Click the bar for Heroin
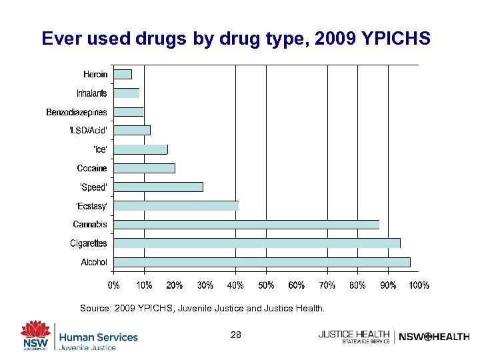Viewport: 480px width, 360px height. pyautogui.click(x=123, y=74)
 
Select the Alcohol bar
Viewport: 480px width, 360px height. pyautogui.click(x=262, y=262)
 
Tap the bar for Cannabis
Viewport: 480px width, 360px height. pyautogui.click(x=246, y=225)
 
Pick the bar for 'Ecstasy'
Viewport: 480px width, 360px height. pyautogui.click(x=176, y=205)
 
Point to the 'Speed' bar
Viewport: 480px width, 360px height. pyautogui.click(x=158, y=187)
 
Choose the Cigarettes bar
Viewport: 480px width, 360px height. pyautogui.click(x=257, y=243)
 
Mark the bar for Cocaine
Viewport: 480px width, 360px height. pyautogui.click(x=144, y=168)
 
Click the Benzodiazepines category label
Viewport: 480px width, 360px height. pyautogui.click(x=76, y=112)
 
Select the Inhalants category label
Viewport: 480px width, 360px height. pyautogui.click(x=91, y=93)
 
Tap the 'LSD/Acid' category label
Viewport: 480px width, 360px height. pyautogui.click(x=88, y=131)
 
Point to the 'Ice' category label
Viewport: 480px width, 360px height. pyautogui.click(x=99, y=149)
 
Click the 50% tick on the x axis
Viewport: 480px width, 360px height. pyautogui.click(x=266, y=285)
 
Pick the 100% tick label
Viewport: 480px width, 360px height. pyautogui.click(x=419, y=285)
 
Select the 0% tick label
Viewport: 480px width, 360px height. pyautogui.click(x=114, y=285)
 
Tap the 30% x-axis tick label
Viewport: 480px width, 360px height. pyautogui.click(x=205, y=285)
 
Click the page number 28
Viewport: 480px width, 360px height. pyautogui.click(x=236, y=335)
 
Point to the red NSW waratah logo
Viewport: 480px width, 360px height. pyautogui.click(x=35, y=333)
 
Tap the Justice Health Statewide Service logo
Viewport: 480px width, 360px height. pyautogui.click(x=354, y=337)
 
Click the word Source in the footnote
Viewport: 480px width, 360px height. pyautogui.click(x=95, y=309)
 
